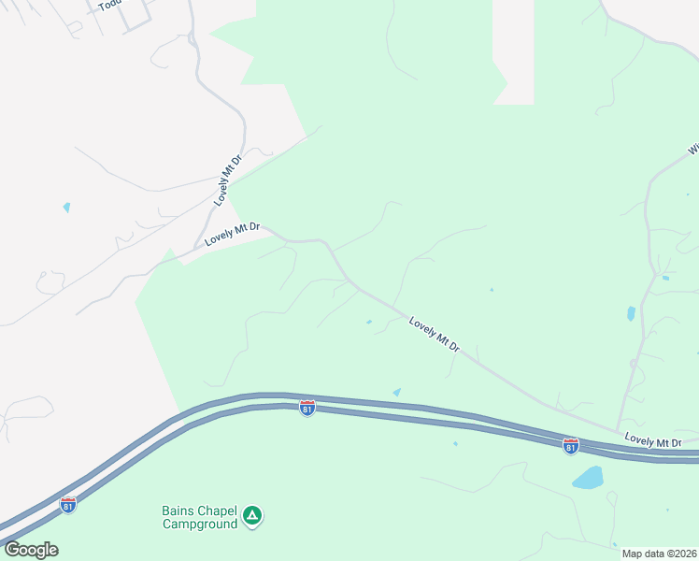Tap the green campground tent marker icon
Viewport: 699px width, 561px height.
click(x=251, y=515)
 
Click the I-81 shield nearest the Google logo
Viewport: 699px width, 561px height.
click(x=67, y=504)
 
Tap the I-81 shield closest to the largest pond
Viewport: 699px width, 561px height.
click(x=570, y=446)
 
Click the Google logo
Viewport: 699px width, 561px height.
click(x=31, y=550)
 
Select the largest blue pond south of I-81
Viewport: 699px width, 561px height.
click(x=588, y=478)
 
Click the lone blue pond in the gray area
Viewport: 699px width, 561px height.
click(x=66, y=207)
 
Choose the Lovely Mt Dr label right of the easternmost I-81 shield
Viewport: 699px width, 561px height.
click(x=654, y=441)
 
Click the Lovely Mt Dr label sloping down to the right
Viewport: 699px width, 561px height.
click(x=435, y=334)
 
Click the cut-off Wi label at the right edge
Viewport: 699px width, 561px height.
click(x=693, y=149)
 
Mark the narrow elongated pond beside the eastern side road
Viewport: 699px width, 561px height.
click(x=631, y=313)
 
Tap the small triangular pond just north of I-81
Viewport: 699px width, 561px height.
click(x=397, y=392)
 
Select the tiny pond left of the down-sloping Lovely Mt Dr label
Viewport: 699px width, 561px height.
click(x=369, y=323)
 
